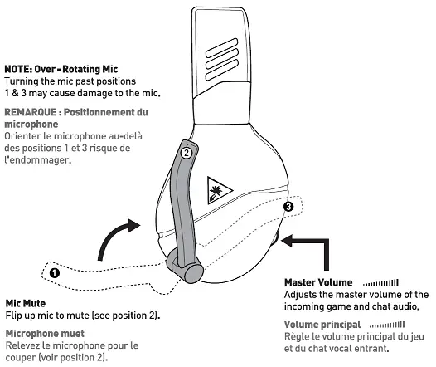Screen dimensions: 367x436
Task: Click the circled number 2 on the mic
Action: [x=187, y=152]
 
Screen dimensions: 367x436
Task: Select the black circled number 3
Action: [x=288, y=205]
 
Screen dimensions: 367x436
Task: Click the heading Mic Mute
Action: [x=25, y=304]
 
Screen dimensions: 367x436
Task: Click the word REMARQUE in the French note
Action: [x=29, y=111]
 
